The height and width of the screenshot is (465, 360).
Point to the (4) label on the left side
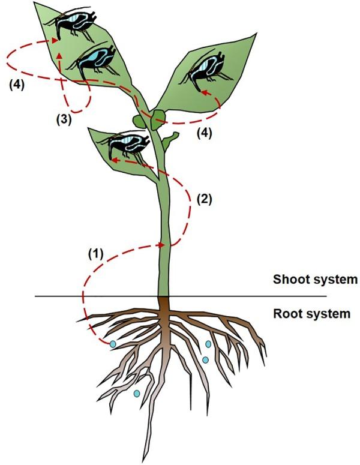[17, 85]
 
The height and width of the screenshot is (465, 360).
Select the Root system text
[311, 313]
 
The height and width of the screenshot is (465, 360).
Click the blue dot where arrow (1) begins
[112, 344]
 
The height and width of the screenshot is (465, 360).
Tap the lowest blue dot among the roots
[137, 394]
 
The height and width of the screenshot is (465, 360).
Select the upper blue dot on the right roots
[208, 344]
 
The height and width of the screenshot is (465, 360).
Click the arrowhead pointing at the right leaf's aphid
[202, 92]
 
